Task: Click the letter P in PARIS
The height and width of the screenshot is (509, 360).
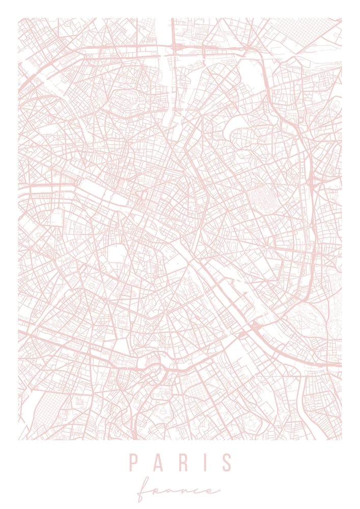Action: tap(133, 462)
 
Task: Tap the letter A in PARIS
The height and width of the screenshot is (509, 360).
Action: tap(158, 462)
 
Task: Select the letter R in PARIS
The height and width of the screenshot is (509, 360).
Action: tap(181, 462)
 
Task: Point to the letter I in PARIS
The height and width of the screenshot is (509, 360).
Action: tap(204, 462)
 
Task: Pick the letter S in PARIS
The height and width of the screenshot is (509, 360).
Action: tap(227, 462)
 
